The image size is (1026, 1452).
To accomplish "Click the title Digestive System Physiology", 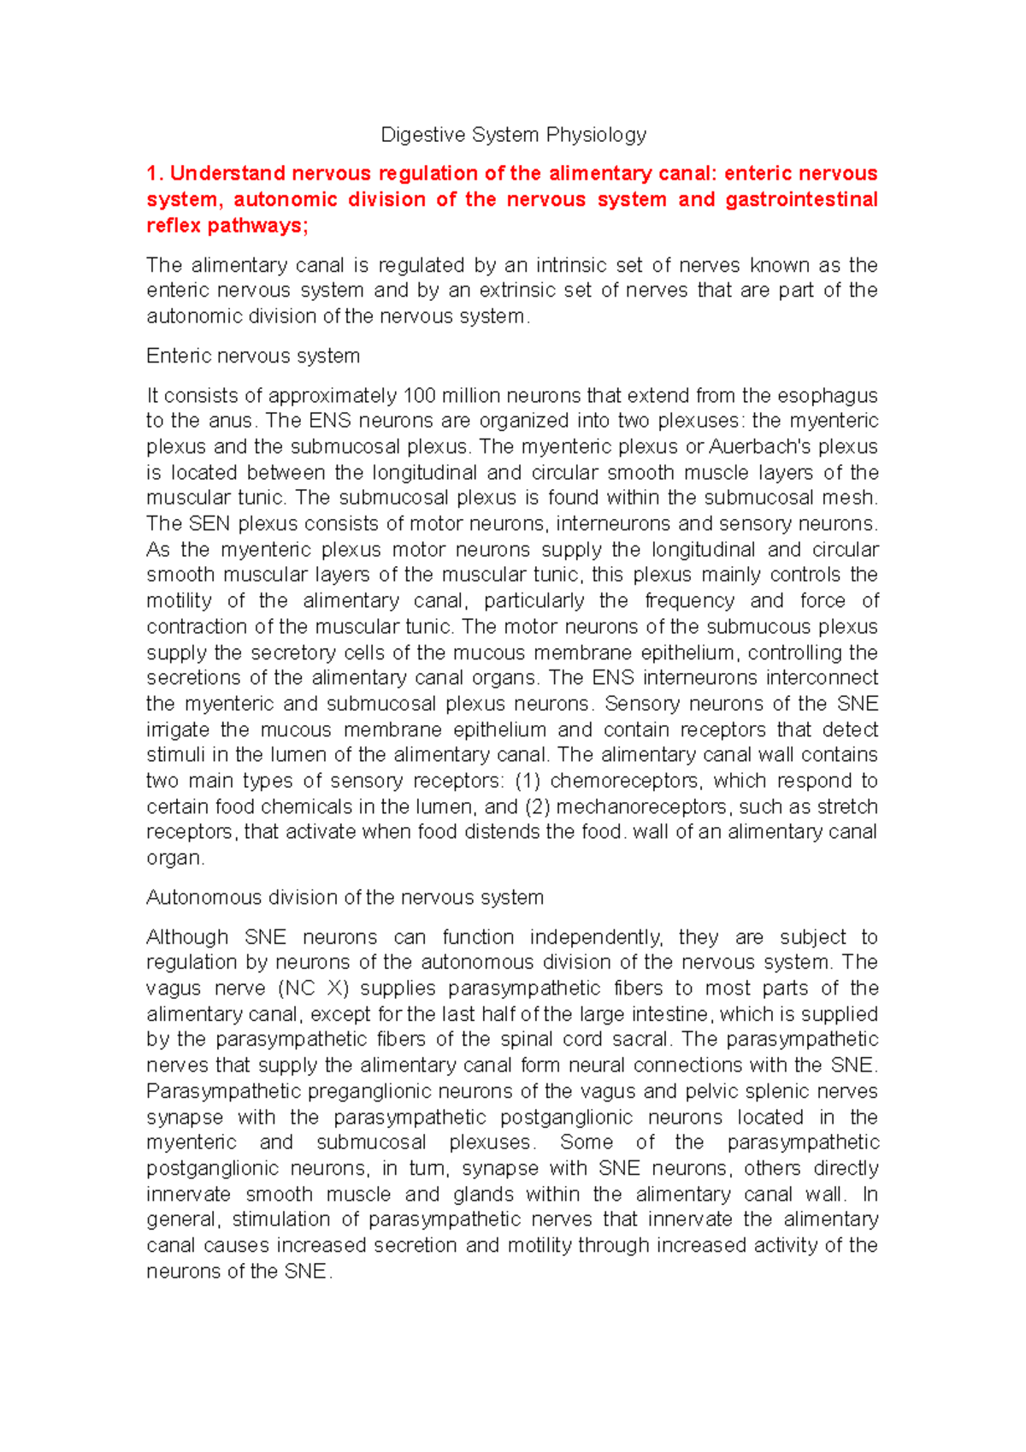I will click(513, 135).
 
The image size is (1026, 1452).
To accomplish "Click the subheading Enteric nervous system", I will click(253, 356).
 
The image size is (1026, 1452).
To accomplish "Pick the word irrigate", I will click(178, 729).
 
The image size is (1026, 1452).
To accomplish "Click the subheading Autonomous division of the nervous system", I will click(345, 897).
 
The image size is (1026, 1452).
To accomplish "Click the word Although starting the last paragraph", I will click(187, 937).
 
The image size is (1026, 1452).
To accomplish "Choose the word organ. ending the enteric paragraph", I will click(175, 858).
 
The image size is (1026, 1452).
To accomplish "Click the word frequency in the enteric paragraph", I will click(687, 601).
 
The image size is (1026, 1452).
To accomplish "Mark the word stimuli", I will click(175, 755).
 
